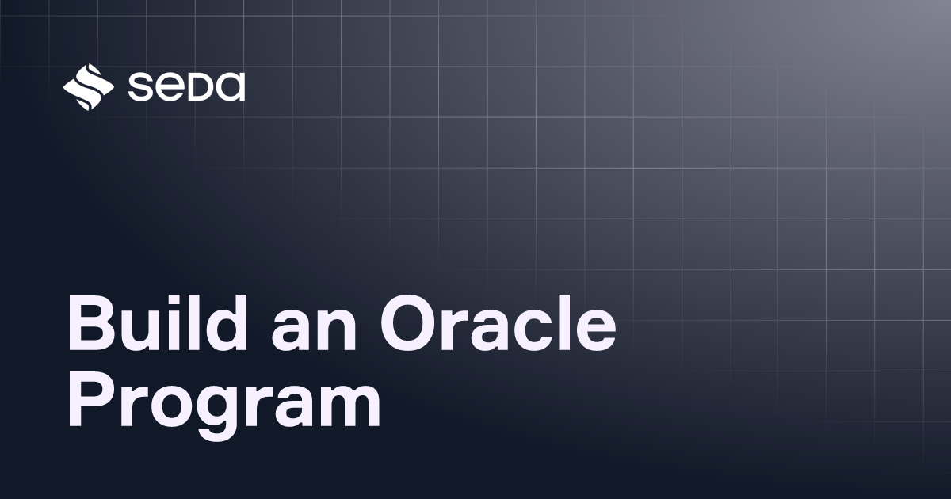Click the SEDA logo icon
coord(89,86)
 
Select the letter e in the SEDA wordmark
coord(172,87)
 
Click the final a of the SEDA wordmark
coord(230,87)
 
